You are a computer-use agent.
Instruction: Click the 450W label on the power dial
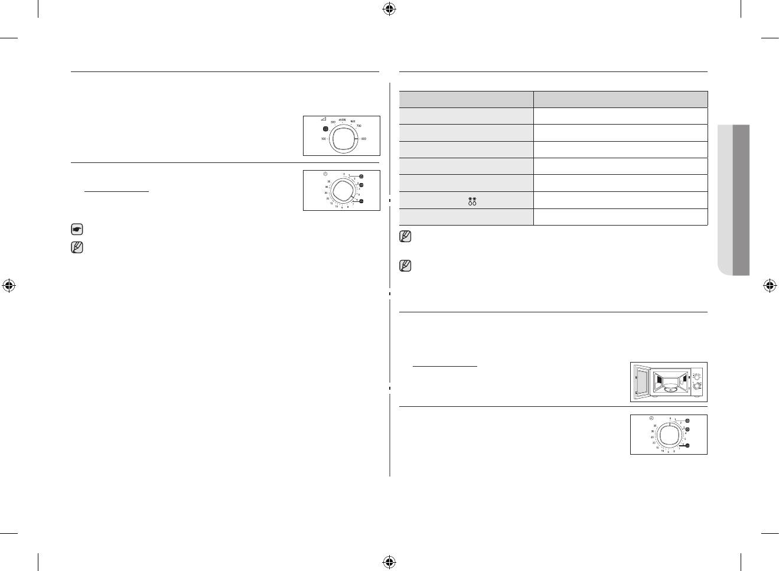coord(342,120)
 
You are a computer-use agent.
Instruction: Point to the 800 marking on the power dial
coord(364,139)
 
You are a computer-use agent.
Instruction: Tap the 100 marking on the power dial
coord(323,139)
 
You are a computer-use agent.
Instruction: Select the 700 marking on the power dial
coord(358,126)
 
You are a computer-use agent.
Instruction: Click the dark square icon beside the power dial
coord(325,129)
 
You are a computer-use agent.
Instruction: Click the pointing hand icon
coord(77,229)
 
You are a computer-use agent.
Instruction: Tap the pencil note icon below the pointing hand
coord(77,247)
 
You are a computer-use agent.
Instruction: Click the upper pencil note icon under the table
coord(405,236)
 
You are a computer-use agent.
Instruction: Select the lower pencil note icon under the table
coord(405,266)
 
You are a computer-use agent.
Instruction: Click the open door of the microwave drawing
coord(641,381)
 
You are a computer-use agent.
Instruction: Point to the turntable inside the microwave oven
coord(669,389)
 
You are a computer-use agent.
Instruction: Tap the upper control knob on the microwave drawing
coord(696,376)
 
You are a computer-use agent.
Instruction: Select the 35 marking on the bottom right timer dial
coord(654,426)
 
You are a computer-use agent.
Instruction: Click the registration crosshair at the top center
coord(389,8)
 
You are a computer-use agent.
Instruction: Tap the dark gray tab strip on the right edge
coord(741,200)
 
